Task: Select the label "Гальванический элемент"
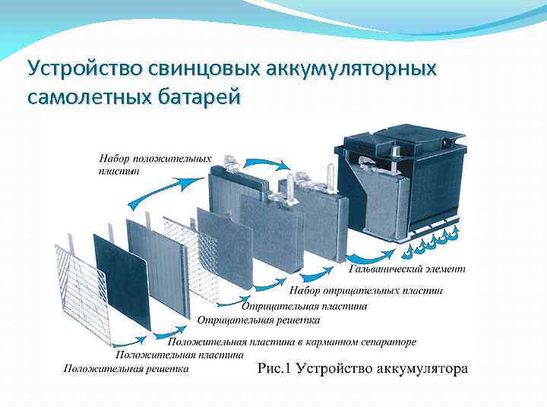(x=407, y=269)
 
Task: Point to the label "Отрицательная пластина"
(x=304, y=306)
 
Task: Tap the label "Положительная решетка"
(x=125, y=369)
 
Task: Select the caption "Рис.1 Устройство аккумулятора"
(x=363, y=370)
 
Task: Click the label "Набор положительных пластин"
(x=155, y=164)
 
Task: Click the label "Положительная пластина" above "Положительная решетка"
(x=179, y=355)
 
